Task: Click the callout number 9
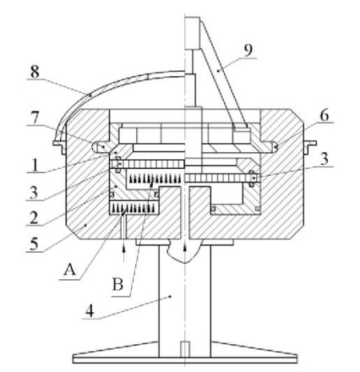point(248,50)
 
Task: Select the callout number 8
point(34,72)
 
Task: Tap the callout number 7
point(34,118)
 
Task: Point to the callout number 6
point(324,115)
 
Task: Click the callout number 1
point(34,166)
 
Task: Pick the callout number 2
point(34,218)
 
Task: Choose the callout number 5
point(34,244)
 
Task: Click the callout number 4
point(90,310)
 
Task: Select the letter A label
point(70,270)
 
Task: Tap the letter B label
point(118,284)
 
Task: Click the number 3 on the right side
point(324,159)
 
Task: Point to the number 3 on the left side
point(34,193)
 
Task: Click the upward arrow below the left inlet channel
point(123,254)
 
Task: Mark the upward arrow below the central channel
point(184,247)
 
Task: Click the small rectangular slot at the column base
point(185,350)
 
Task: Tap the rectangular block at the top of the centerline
point(192,33)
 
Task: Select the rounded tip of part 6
point(276,146)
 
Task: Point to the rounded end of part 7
point(94,147)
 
